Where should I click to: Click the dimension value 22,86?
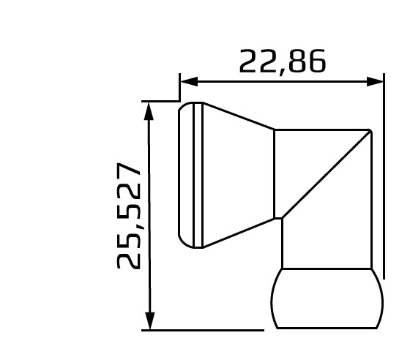[x=282, y=61]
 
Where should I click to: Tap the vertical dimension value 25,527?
[x=130, y=216]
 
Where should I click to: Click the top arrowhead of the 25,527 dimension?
[x=149, y=110]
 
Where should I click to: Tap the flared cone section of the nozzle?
[x=238, y=173]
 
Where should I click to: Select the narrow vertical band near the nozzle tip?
[x=198, y=174]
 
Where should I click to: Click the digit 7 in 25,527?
[x=130, y=173]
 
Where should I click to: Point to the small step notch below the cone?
[x=279, y=217]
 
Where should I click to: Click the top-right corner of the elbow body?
[x=370, y=131]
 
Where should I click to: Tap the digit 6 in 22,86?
[x=316, y=61]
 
